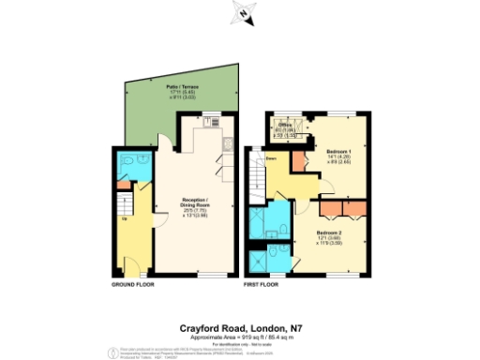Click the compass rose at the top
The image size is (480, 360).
pyautogui.click(x=243, y=13)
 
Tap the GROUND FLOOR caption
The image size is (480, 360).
pyautogui.click(x=132, y=283)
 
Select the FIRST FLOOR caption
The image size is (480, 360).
pyautogui.click(x=262, y=283)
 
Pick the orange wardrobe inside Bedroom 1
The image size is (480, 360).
pyautogui.click(x=299, y=158)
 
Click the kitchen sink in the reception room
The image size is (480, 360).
pyautogui.click(x=228, y=142)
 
